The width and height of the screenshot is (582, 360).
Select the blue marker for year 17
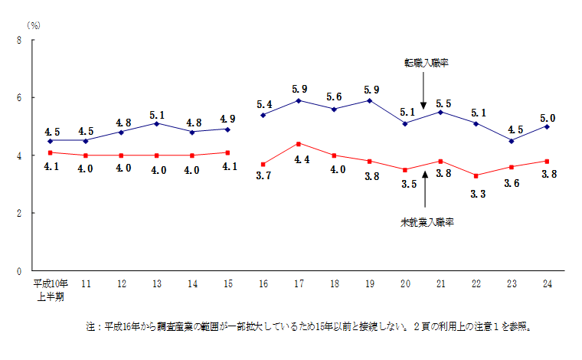298,100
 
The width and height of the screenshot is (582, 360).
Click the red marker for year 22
476,175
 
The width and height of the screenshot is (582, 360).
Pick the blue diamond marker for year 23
512,141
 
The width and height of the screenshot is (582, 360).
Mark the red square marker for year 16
263,164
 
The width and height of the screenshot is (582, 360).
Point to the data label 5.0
548,118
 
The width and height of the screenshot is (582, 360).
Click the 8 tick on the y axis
18,40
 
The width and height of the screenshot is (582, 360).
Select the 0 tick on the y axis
18,271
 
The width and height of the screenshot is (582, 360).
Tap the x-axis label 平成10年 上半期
51,290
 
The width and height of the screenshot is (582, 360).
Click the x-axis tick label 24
547,284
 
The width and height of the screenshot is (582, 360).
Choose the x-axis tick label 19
369,284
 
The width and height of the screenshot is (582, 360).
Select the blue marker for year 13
156,123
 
